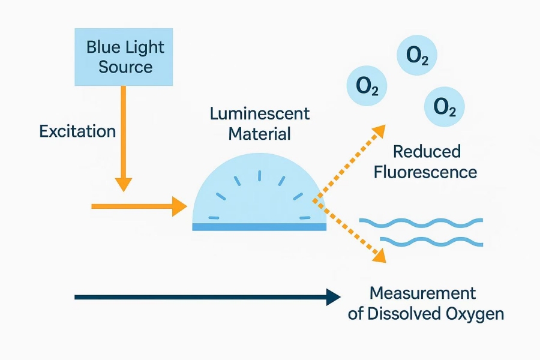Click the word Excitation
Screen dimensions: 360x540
(x=77, y=131)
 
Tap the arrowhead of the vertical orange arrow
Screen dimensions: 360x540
(x=124, y=182)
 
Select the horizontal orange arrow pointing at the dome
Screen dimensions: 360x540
(x=138, y=206)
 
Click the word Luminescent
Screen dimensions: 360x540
(x=260, y=113)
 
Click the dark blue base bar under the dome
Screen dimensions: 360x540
(x=259, y=226)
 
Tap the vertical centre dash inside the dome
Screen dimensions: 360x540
(x=260, y=175)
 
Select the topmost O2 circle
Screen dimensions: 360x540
(x=417, y=56)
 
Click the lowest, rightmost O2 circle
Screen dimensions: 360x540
(x=444, y=107)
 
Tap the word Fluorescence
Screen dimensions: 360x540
(x=425, y=172)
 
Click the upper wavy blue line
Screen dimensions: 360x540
(x=421, y=223)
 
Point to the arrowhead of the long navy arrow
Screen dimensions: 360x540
(x=333, y=296)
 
